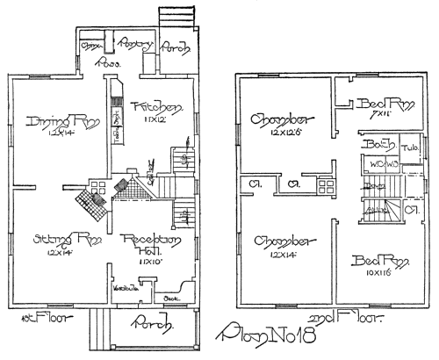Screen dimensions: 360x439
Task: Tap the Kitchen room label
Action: pos(157,106)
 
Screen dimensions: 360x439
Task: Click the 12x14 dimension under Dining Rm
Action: pos(52,133)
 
